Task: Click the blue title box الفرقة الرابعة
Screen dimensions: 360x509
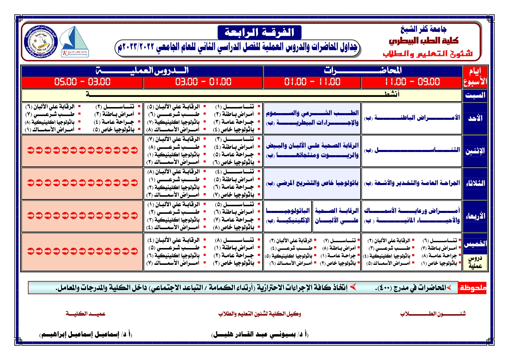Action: [259, 32]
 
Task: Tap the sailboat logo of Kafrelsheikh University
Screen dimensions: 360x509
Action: [75, 41]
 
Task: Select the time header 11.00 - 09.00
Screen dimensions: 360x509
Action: [412, 82]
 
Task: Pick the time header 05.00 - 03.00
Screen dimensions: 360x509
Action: [82, 82]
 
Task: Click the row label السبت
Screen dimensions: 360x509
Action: [475, 95]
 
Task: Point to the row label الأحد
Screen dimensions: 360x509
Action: [475, 118]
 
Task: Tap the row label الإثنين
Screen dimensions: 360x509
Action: [475, 151]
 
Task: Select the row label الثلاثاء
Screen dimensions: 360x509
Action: [475, 183]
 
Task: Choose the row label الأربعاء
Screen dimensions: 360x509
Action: [475, 216]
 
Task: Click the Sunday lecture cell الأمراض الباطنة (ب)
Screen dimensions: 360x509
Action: [412, 118]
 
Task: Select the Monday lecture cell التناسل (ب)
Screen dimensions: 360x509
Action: [412, 151]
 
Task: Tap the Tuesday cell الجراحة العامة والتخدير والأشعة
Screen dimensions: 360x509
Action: [412, 183]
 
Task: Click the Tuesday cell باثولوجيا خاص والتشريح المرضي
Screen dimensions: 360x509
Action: [312, 183]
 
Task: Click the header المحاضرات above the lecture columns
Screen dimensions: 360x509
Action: [363, 70]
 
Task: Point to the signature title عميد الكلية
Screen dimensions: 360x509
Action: [86, 314]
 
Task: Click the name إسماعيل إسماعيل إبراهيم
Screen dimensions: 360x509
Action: [86, 334]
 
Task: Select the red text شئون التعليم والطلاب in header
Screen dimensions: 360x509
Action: [428, 54]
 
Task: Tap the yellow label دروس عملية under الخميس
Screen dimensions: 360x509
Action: [475, 262]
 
